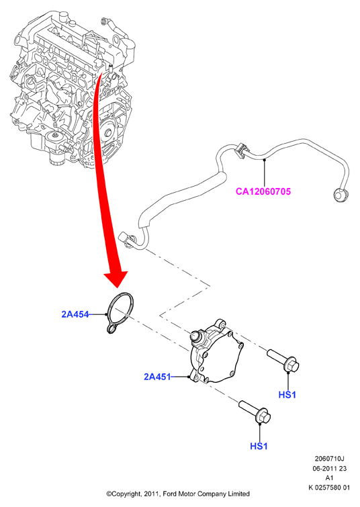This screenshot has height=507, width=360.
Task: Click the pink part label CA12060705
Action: coord(263,191)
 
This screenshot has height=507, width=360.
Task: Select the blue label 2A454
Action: coord(75,314)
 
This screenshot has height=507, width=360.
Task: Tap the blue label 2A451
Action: coord(157,377)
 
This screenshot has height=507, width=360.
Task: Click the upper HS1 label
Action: coord(287,395)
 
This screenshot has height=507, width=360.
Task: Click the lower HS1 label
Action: coord(259,446)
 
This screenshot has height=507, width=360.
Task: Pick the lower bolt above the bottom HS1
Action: coord(255,411)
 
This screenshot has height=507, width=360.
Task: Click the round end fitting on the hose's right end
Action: coord(341,195)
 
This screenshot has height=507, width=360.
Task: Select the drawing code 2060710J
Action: coord(330,459)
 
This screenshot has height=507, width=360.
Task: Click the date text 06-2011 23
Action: coord(330,468)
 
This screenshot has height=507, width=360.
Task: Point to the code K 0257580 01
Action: coord(329,488)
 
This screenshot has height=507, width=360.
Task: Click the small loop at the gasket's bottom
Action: coord(111,328)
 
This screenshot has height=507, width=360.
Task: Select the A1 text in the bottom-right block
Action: coord(330,478)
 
